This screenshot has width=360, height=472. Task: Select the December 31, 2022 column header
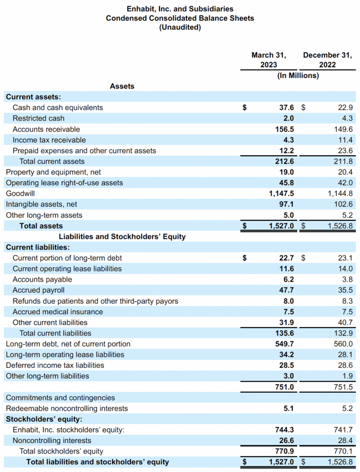[327, 59]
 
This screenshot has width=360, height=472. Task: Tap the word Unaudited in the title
[180, 27]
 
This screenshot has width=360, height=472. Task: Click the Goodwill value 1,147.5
[281, 194]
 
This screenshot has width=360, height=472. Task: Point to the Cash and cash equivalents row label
[58, 107]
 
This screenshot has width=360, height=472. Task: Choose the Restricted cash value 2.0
[288, 118]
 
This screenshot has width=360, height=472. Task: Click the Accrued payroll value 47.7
[287, 290]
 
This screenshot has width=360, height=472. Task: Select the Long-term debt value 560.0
[344, 344]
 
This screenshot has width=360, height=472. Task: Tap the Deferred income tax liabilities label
[55, 365]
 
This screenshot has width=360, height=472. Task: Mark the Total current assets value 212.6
[283, 161]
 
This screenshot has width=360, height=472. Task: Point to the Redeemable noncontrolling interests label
[67, 408]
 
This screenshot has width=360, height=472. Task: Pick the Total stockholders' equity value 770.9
[283, 451]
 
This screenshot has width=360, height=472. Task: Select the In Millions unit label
[298, 76]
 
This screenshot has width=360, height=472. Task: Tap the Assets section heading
[122, 86]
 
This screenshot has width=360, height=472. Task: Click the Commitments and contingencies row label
[60, 398]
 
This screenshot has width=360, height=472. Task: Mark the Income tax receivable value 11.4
[345, 140]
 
